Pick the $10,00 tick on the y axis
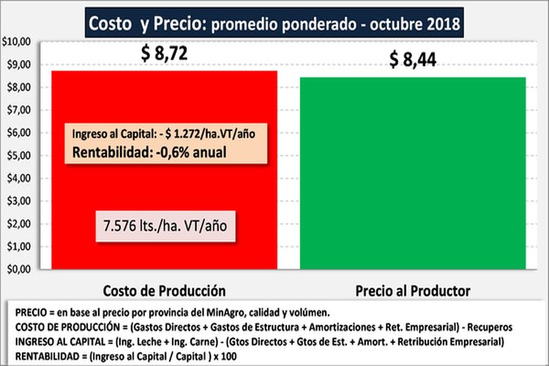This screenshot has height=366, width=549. (15, 42)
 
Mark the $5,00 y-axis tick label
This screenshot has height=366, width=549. (18, 155)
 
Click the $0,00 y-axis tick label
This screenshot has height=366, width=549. (18, 269)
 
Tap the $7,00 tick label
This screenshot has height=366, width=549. (18, 110)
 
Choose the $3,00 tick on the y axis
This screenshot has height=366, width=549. (18, 201)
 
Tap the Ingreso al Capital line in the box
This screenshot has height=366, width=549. (168, 134)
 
